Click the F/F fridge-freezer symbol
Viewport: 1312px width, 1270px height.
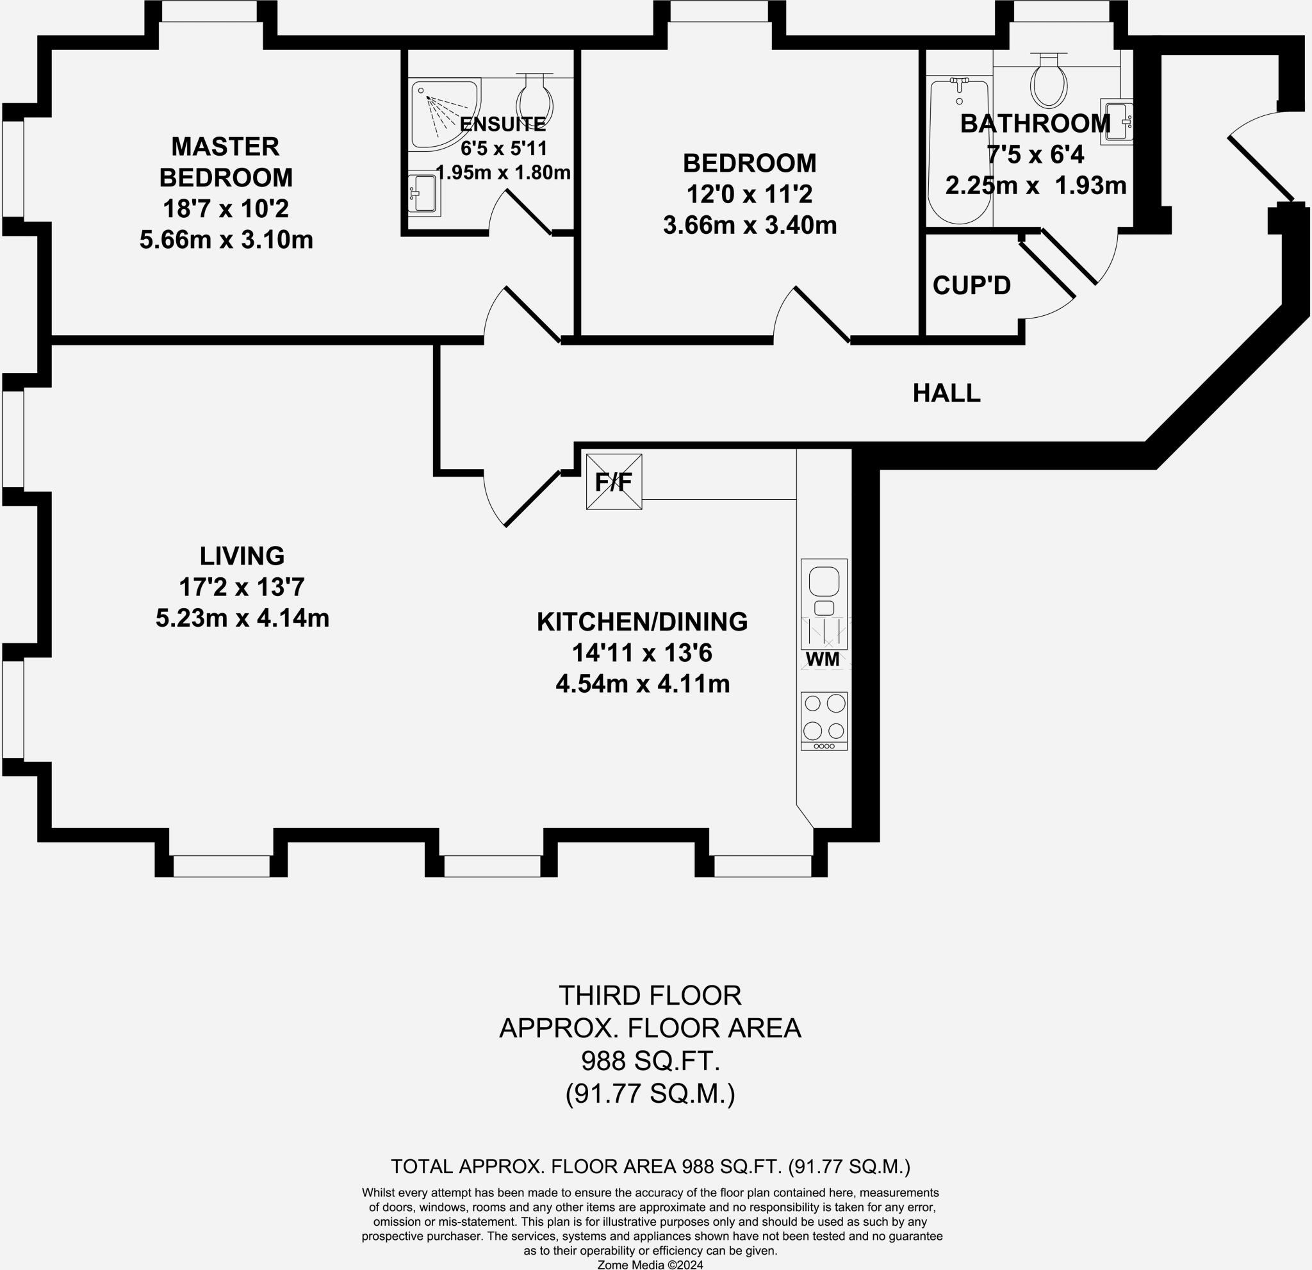click(x=614, y=481)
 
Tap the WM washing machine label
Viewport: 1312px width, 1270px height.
click(x=823, y=659)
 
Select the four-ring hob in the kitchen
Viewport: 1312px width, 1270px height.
click(x=824, y=721)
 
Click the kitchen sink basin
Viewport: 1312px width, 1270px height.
click(x=824, y=581)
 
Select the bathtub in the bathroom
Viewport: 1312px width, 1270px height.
click(x=959, y=151)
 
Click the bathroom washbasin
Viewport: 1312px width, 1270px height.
click(x=1116, y=122)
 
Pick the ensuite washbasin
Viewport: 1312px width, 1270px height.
click(x=423, y=195)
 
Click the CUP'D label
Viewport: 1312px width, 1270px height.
click(x=971, y=286)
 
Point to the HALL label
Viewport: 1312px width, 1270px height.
click(x=946, y=393)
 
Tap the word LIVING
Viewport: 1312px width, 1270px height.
click(x=242, y=556)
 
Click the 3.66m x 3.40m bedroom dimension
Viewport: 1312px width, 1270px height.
click(x=750, y=226)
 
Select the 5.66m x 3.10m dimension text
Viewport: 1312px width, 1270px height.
click(x=226, y=240)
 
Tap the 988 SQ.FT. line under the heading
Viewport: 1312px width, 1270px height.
click(x=650, y=1060)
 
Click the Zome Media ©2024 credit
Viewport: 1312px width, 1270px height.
click(x=650, y=1265)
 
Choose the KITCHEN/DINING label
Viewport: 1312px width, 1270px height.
click(x=642, y=622)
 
